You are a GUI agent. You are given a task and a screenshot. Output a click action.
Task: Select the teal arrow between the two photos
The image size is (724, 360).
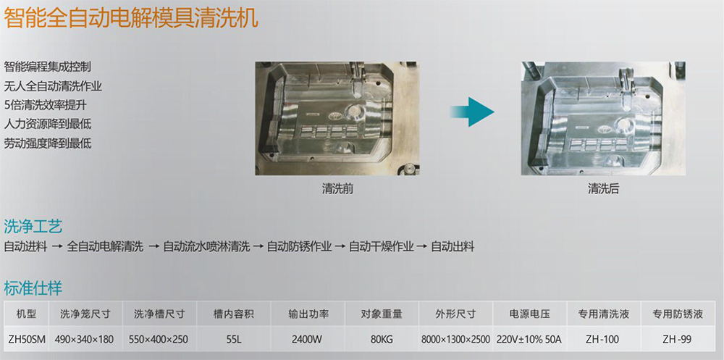472,112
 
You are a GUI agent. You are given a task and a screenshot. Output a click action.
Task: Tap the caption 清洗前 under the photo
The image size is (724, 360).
337,188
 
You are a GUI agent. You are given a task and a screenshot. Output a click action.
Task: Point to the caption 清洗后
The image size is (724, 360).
603,188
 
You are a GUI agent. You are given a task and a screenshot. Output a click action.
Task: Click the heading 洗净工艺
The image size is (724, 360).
33,227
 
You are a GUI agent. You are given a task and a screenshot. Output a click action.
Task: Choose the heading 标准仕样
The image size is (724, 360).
33,288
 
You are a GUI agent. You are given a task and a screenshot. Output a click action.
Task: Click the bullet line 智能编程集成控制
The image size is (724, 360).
48,67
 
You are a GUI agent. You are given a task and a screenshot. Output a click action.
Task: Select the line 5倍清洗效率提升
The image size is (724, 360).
45,105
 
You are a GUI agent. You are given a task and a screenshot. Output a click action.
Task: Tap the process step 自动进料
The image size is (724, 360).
25,246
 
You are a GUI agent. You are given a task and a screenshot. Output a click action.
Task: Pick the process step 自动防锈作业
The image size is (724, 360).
299,246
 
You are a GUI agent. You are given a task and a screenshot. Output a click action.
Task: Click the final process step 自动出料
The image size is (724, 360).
452,246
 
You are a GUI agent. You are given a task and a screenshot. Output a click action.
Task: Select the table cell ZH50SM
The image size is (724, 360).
27,339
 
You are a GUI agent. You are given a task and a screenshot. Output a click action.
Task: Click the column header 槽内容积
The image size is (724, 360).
234,314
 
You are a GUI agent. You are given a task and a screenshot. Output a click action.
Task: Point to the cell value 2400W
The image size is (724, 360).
307,339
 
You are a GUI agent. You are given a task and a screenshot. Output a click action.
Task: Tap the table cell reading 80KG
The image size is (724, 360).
382,339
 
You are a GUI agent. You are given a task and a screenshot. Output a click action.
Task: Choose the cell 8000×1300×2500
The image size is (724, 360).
455,339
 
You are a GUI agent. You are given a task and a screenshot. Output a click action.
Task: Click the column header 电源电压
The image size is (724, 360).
530,314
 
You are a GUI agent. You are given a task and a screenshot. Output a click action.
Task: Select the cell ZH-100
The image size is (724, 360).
602,339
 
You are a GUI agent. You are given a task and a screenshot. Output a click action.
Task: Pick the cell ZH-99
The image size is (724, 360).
677,339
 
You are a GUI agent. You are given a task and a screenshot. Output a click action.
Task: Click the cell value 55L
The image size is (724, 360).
234,339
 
